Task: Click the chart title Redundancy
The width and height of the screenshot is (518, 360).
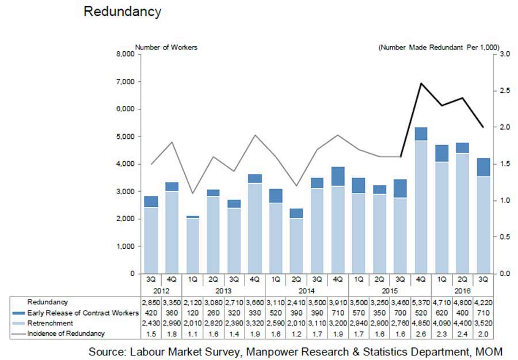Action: click(x=123, y=12)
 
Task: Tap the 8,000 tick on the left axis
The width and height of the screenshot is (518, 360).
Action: click(x=124, y=54)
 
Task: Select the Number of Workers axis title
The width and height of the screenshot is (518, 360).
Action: click(x=166, y=47)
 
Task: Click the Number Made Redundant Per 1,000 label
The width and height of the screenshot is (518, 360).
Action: click(x=439, y=47)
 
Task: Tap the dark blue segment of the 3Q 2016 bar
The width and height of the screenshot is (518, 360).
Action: click(x=484, y=167)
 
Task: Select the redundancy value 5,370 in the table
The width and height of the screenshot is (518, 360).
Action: click(x=422, y=302)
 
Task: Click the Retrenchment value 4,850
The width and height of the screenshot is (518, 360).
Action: click(x=422, y=324)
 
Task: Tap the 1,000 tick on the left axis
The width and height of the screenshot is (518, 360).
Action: click(x=124, y=246)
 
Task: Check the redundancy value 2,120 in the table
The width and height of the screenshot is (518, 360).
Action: click(x=193, y=302)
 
